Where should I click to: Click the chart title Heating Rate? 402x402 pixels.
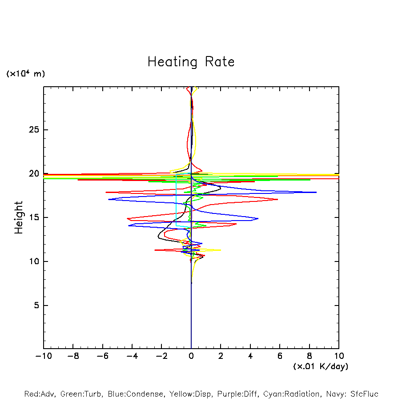click(191, 62)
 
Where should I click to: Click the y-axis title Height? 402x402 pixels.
click(19, 217)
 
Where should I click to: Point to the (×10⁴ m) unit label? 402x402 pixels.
click(25, 74)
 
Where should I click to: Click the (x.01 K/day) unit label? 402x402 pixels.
click(320, 366)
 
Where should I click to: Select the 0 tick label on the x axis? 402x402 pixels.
click(191, 356)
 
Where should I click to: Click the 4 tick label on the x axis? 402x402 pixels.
click(250, 356)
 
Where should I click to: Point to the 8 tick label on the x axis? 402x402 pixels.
click(310, 356)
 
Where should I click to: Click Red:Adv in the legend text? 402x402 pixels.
click(39, 394)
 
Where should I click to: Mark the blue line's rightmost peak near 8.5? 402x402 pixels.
click(316, 192)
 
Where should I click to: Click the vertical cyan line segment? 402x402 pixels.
click(177, 200)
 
